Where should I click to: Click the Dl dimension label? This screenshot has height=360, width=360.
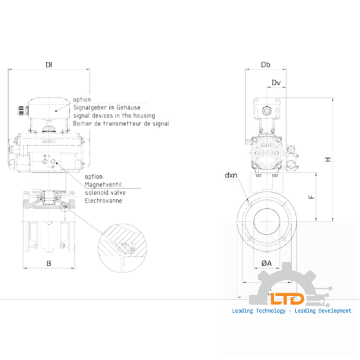pyautogui.click(x=49, y=65)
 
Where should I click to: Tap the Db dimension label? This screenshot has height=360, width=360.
pyautogui.click(x=265, y=65)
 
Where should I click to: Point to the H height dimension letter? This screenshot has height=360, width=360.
pyautogui.click(x=327, y=159)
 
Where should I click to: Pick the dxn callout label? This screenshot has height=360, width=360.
pyautogui.click(x=231, y=175)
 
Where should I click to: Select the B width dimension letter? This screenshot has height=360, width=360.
pyautogui.click(x=49, y=263)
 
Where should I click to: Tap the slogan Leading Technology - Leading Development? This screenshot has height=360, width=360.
pyautogui.click(x=291, y=311)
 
